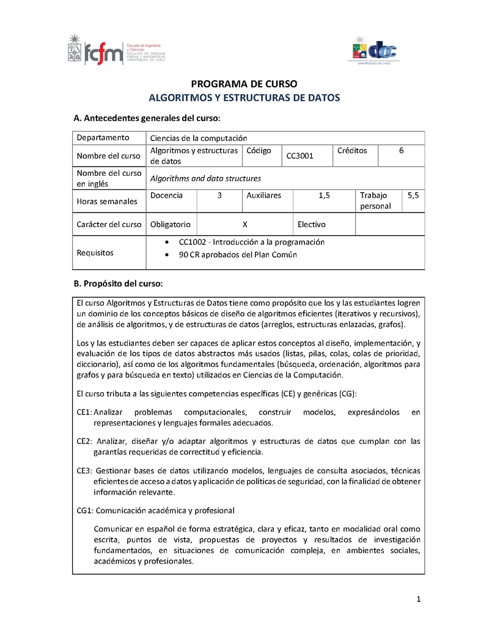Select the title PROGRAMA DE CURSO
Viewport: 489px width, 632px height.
244,84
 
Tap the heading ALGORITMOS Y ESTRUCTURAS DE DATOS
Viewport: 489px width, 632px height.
244,98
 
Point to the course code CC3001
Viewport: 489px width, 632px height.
300,156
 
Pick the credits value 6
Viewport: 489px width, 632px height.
401,150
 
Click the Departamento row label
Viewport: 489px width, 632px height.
103,137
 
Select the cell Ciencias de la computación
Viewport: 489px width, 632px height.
199,138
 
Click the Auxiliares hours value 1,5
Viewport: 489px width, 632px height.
324,195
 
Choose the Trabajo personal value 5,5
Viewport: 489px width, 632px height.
413,195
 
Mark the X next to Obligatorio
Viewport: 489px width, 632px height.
244,224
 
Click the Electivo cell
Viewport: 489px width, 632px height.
312,224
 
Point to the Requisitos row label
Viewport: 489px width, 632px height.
95,252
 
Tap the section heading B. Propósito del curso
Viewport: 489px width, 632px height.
117,284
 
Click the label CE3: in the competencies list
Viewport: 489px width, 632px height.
84,470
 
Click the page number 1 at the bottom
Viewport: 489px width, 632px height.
419,599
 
